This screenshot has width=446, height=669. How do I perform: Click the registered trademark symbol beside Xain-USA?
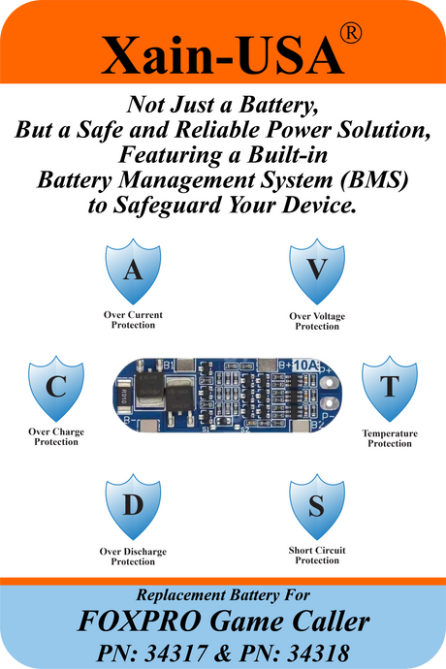point(351,33)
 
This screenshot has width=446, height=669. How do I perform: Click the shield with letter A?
point(133,271)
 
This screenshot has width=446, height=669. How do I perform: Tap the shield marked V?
point(317,271)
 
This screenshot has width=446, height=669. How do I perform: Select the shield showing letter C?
point(56,388)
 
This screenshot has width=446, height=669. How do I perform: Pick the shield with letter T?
point(390,388)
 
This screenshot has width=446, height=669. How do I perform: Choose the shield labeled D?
point(133,506)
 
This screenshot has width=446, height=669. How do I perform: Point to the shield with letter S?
point(317,506)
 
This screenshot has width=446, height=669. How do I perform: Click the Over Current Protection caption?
point(133,320)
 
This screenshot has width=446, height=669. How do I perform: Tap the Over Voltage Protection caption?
point(317,321)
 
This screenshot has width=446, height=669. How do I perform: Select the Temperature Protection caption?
point(390,438)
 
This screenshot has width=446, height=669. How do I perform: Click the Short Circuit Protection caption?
point(317,556)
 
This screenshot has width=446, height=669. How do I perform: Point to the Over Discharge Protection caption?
point(133,557)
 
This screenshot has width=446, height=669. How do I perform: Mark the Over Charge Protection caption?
point(56,437)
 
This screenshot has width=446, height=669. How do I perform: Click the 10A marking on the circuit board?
point(305,365)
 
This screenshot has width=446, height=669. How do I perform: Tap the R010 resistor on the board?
point(123,396)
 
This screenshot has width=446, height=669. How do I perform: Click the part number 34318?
point(318,653)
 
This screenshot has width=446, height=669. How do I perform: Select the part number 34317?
point(176,653)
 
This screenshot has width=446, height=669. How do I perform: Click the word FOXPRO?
point(140,621)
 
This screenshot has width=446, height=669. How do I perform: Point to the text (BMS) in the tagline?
point(374,180)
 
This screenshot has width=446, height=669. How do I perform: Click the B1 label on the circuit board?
point(169,366)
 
